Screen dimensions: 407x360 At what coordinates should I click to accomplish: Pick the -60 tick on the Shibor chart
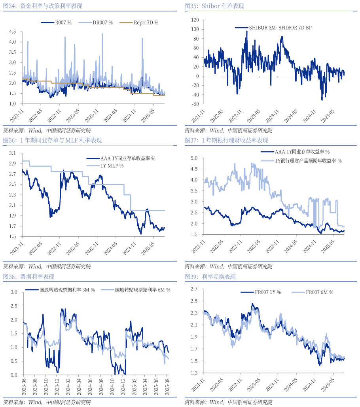point(193,104)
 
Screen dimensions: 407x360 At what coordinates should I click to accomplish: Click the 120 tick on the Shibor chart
point(193,20)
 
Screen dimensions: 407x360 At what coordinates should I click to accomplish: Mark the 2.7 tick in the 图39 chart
point(194,289)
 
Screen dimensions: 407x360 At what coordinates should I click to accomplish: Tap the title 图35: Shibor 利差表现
point(214,6)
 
